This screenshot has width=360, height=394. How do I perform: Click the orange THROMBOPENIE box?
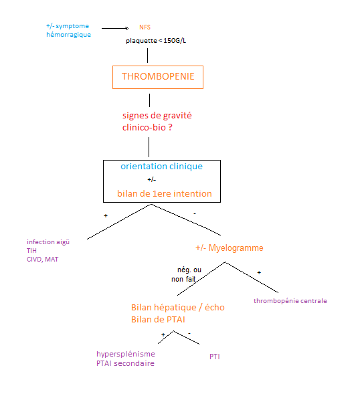(x=158, y=77)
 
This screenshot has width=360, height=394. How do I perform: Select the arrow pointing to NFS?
(x=117, y=28)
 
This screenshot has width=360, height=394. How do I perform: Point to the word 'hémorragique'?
(x=69, y=34)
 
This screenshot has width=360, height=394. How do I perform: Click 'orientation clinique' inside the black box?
(x=161, y=167)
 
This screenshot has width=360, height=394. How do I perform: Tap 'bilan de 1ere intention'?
(x=164, y=194)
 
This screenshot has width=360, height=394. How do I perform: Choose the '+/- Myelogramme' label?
(x=230, y=248)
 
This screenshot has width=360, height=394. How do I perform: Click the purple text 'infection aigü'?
(x=48, y=241)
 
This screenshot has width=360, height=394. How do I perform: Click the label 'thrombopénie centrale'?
(x=290, y=301)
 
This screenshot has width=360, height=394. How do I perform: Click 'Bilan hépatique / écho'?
(x=178, y=308)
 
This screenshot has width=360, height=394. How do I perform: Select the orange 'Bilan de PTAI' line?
(x=159, y=320)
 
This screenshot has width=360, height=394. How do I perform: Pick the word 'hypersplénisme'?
(x=125, y=354)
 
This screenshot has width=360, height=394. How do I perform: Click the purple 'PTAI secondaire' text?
(x=125, y=363)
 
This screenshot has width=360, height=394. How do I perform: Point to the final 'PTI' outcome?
(x=215, y=357)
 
